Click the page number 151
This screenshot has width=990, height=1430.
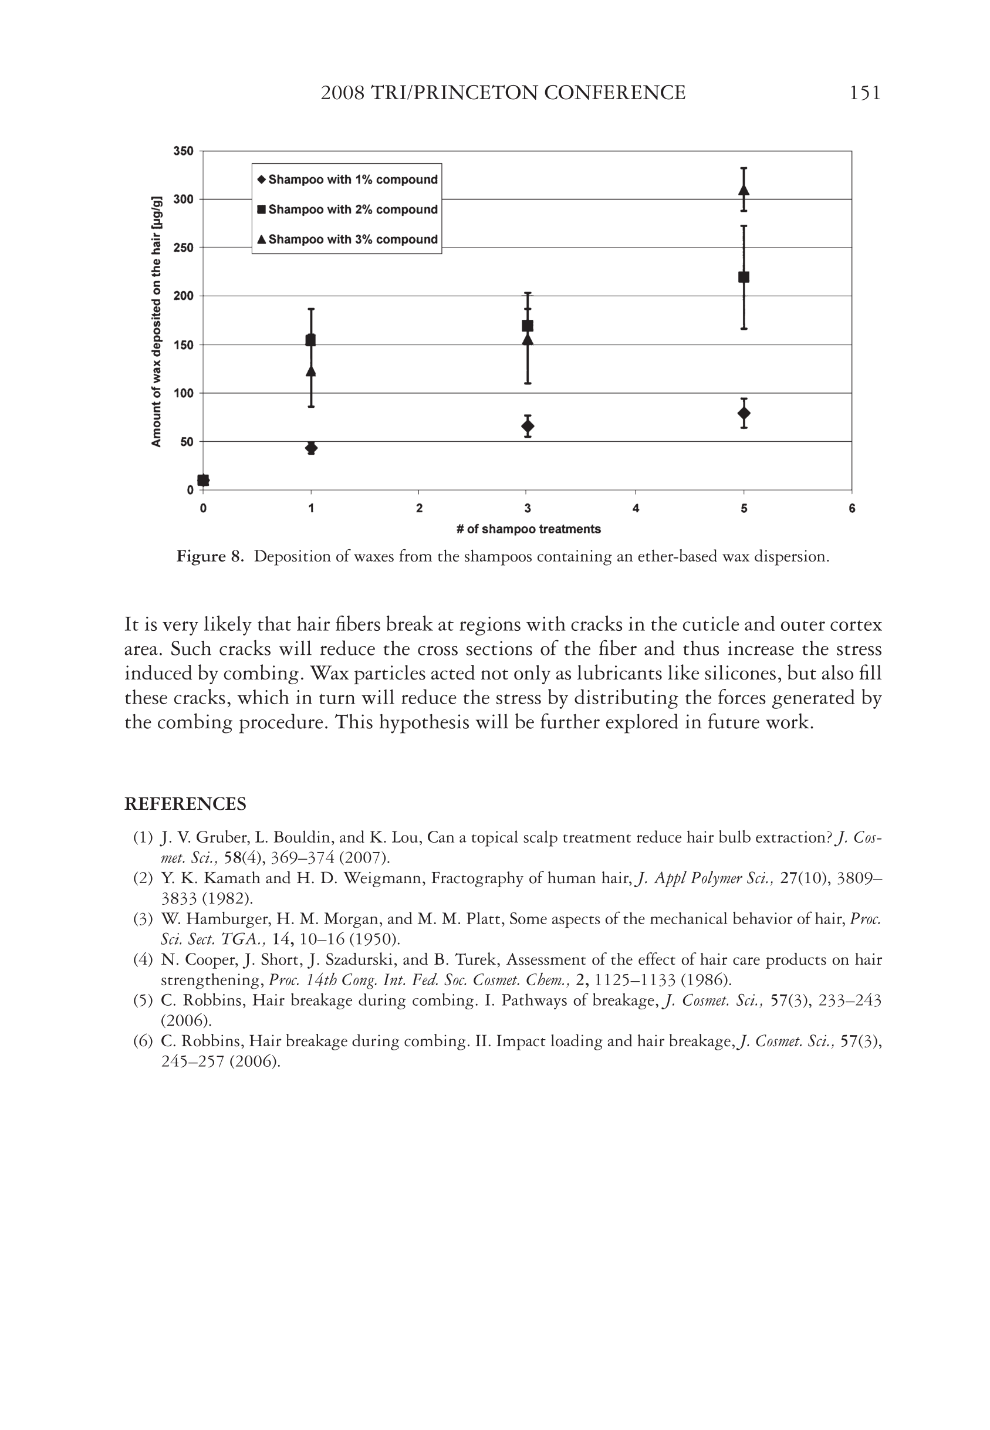click(x=864, y=93)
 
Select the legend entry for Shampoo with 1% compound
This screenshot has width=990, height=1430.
click(x=347, y=180)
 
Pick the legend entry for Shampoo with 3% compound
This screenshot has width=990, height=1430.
click(x=347, y=239)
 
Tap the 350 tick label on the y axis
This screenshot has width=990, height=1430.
click(x=183, y=151)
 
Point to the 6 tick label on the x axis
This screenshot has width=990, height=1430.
click(x=852, y=509)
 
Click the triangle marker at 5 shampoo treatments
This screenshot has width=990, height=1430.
click(x=744, y=190)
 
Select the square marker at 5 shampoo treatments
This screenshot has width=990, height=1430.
click(x=744, y=277)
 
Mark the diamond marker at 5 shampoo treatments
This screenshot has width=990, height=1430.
click(x=744, y=413)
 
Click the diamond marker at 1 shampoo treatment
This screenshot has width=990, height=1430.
click(x=312, y=448)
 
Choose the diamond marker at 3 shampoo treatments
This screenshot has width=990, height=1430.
click(x=527, y=426)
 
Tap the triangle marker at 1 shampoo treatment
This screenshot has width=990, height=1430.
click(x=312, y=371)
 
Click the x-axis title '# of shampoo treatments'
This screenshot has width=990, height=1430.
click(x=529, y=529)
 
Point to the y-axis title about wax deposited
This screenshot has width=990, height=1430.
click(x=156, y=321)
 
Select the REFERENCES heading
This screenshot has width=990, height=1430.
click(x=185, y=804)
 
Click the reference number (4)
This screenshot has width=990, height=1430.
click(x=143, y=960)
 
